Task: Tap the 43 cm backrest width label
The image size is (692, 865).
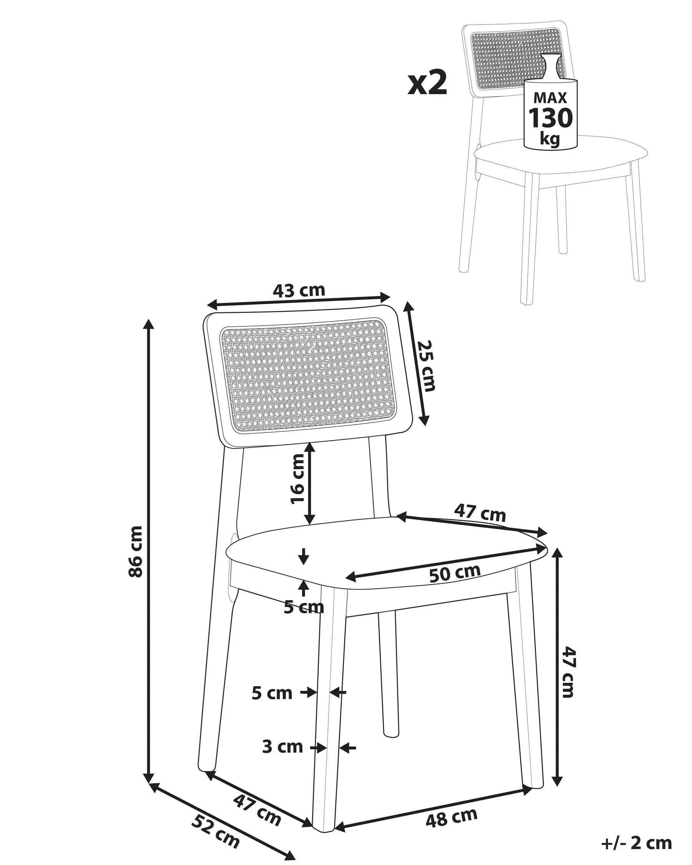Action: click(x=299, y=291)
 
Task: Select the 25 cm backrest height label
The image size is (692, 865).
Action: click(x=426, y=366)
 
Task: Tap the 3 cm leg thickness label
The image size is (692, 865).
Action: click(x=283, y=747)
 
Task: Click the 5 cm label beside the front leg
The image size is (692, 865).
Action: click(x=272, y=693)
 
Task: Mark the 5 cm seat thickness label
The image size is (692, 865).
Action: click(x=304, y=607)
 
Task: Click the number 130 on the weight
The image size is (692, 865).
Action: click(x=551, y=118)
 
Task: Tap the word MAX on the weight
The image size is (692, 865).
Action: click(x=551, y=98)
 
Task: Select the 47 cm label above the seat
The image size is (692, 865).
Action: click(x=480, y=513)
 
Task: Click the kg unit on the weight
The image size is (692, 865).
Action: click(x=550, y=138)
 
